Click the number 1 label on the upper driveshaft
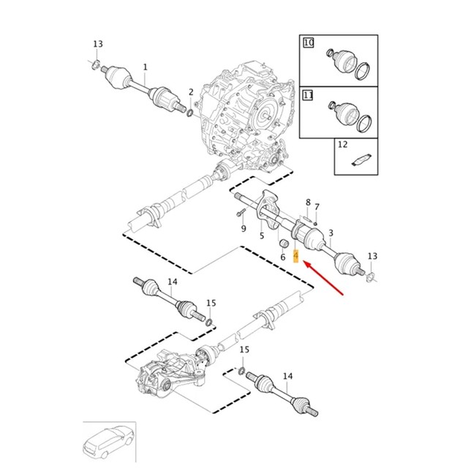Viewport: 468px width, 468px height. tap(145, 67)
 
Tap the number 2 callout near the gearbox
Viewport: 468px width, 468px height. tap(191, 92)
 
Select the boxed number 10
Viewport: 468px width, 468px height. tap(309, 44)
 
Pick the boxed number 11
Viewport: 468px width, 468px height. tap(309, 95)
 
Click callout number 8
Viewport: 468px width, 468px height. tap(308, 203)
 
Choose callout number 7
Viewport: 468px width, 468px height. tap(317, 207)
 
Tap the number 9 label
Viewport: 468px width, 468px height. tap(244, 228)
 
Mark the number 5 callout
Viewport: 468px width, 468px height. tap(262, 235)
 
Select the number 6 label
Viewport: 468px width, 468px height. tap(282, 257)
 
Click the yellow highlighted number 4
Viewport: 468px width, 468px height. tap(295, 256)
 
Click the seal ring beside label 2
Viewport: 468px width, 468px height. tap(190, 113)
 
